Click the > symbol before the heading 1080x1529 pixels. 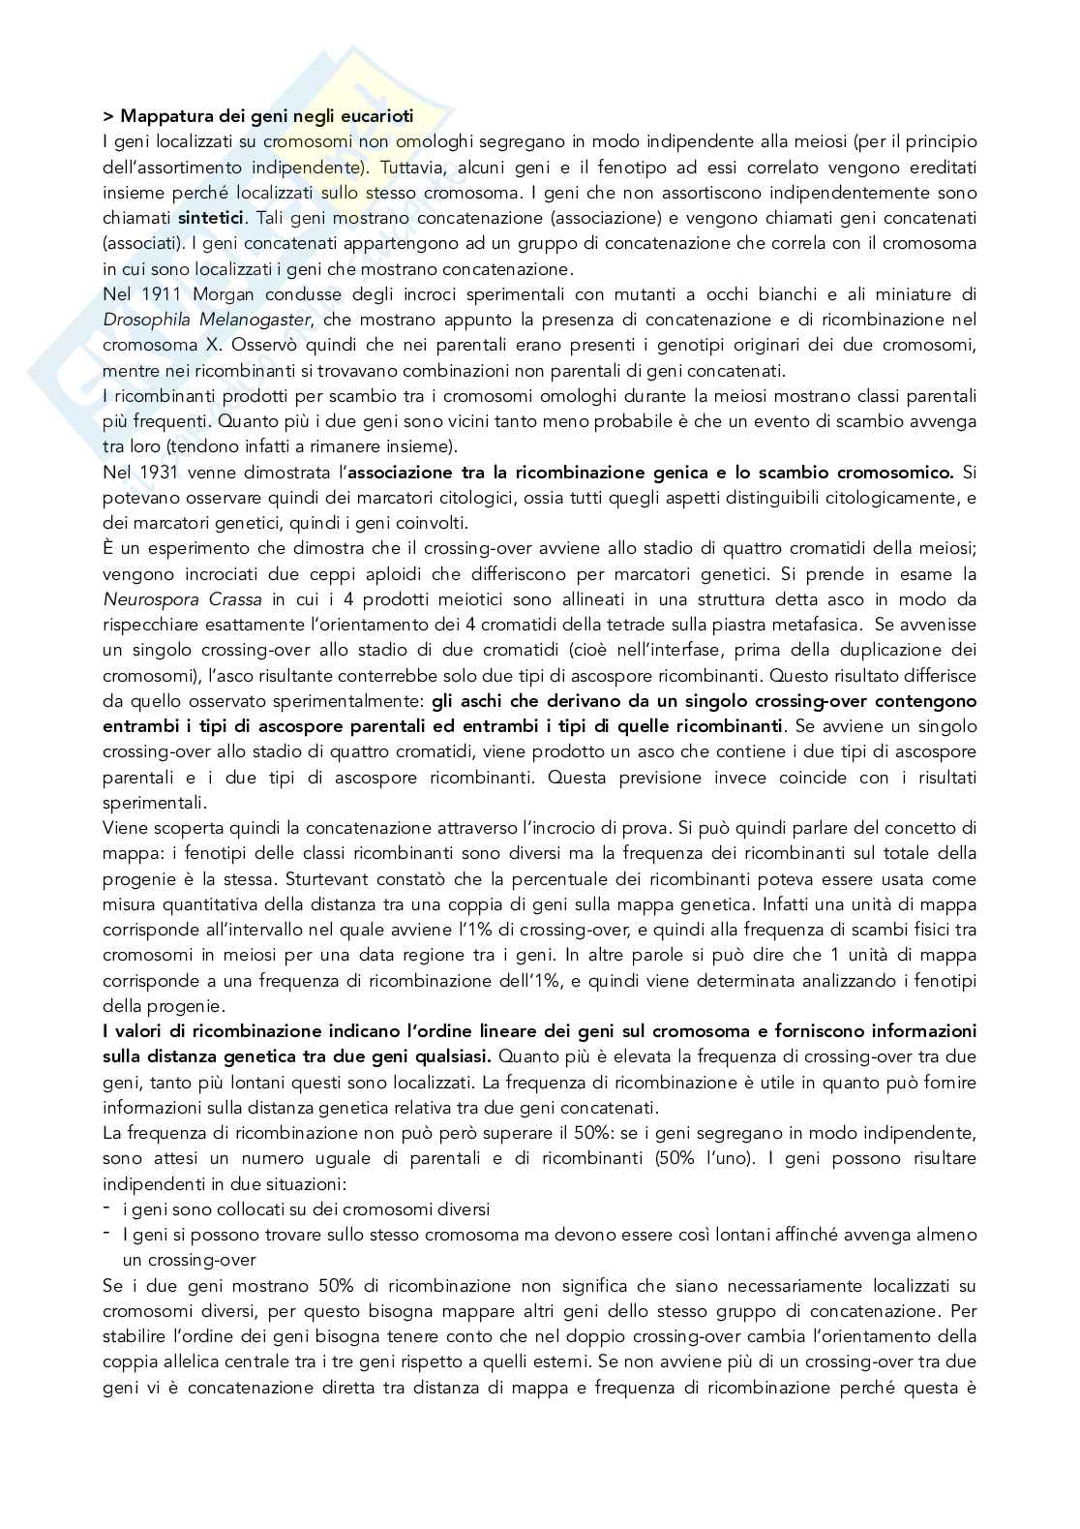pyautogui.click(x=106, y=116)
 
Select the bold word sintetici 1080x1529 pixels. pyautogui.click(x=212, y=217)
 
